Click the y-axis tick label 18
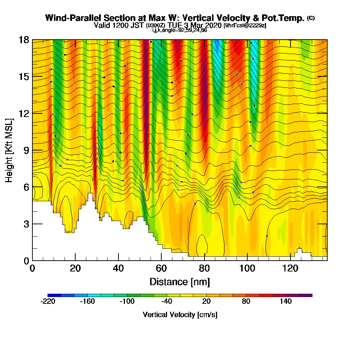click(x=24, y=40)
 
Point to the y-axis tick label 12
click(x=24, y=113)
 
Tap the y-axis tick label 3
click(x=26, y=224)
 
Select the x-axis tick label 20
click(x=75, y=268)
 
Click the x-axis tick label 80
click(x=204, y=268)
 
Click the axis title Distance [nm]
click(x=180, y=282)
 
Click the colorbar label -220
click(x=48, y=302)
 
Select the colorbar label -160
click(x=87, y=302)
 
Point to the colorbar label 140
click(x=286, y=302)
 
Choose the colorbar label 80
click(x=246, y=302)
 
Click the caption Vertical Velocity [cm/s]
click(x=180, y=315)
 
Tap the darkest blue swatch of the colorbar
click(x=54, y=295)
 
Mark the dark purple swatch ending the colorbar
click(x=306, y=295)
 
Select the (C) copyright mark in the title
click(x=311, y=18)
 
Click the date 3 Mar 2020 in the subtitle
click(x=203, y=26)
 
